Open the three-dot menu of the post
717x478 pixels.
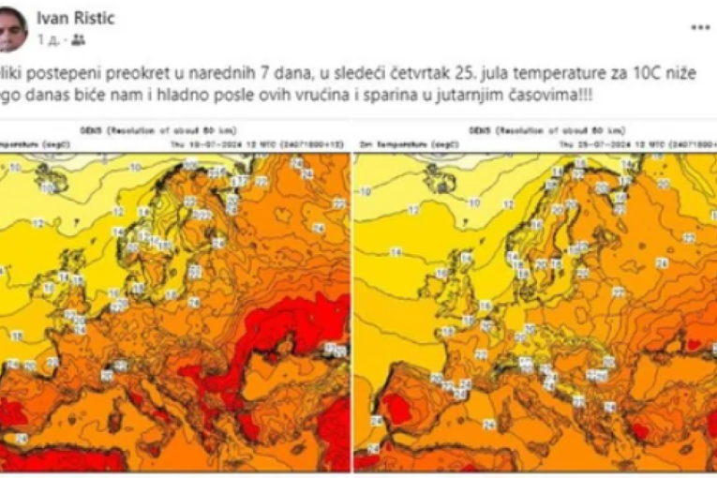pos(700,28)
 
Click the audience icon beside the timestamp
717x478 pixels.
pos(78,39)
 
